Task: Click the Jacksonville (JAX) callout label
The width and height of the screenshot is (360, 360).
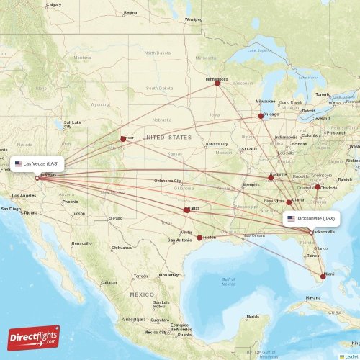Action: pos(311,218)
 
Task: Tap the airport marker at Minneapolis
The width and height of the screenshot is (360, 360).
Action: pos(217,84)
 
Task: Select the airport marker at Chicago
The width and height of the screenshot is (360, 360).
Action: pos(262,116)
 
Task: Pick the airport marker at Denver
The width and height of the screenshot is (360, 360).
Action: pos(123,139)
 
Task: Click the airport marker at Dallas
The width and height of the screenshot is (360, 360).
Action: pos(186,210)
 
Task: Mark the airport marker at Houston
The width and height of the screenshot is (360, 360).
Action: pos(199,237)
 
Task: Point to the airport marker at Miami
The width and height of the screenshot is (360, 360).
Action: pos(323,276)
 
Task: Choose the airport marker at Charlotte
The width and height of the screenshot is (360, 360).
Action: pos(318,186)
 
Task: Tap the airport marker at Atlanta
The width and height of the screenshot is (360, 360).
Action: pos(289,202)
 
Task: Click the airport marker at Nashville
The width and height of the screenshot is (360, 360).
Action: pos(271,177)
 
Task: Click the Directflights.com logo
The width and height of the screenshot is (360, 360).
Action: pos(35,337)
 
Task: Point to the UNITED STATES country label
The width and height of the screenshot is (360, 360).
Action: pos(166,137)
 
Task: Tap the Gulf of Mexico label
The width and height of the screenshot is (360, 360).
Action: pos(228,282)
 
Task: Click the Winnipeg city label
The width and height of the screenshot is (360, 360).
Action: pos(193,19)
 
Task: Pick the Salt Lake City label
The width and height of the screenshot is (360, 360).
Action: pos(72,124)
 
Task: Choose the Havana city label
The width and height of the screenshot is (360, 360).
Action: pos(312,297)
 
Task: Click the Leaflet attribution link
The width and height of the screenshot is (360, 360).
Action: pos(351,356)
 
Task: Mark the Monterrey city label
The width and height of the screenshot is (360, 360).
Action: pos(168,275)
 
